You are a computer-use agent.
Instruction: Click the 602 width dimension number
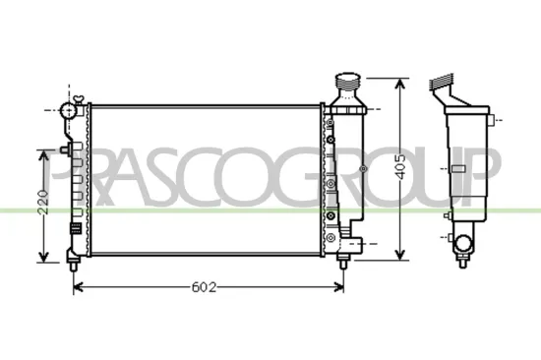click(x=203, y=288)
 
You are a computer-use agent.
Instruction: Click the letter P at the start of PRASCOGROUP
click(x=65, y=177)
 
